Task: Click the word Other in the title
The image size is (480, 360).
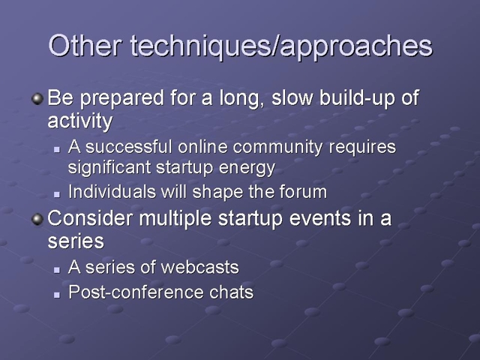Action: (x=85, y=45)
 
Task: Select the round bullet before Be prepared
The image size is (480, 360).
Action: (x=37, y=98)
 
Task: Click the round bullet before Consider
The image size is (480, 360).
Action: (x=37, y=219)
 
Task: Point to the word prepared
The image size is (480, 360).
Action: (x=121, y=99)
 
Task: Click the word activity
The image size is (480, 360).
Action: (x=80, y=121)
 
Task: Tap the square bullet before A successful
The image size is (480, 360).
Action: (x=57, y=150)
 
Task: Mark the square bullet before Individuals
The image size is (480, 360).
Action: (x=57, y=195)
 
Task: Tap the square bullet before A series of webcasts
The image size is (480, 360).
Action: (x=57, y=270)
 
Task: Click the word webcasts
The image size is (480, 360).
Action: (x=200, y=267)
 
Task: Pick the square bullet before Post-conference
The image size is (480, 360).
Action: (x=57, y=295)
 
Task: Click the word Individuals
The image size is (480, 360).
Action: (x=112, y=192)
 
